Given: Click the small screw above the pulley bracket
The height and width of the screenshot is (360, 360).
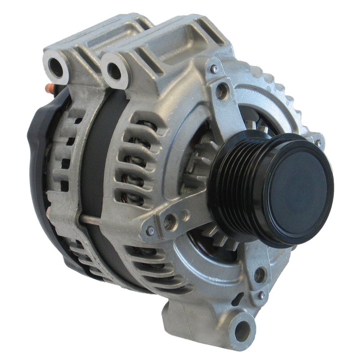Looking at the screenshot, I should click(215, 68).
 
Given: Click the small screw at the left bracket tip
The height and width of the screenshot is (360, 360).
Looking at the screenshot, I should click(150, 231).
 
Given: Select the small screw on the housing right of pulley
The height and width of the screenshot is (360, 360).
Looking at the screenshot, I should click(319, 143).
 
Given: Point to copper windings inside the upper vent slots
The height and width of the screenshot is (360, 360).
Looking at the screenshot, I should click(135, 148).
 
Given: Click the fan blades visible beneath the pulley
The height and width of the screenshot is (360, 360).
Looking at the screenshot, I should click(220, 243).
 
